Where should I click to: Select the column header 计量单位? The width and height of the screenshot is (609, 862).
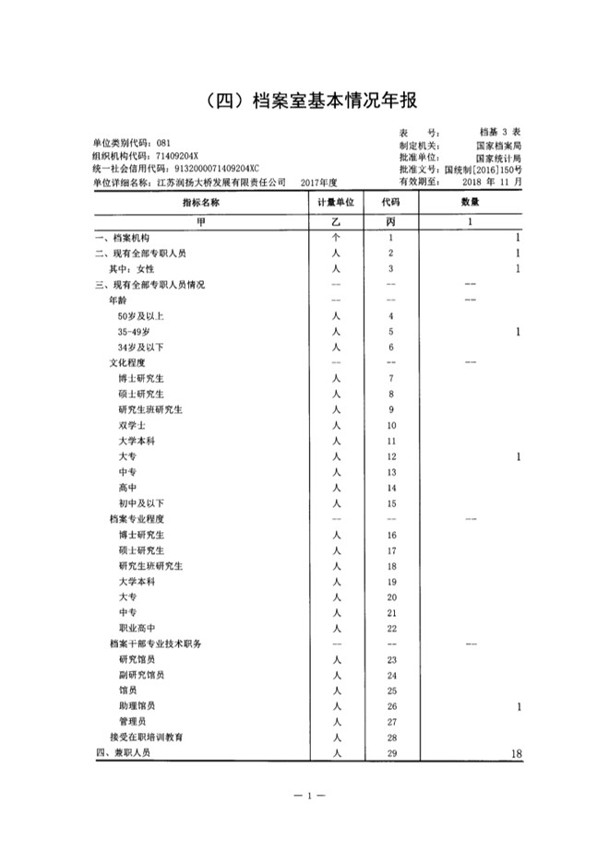pos(337,203)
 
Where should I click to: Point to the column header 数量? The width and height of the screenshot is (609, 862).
pos(470,203)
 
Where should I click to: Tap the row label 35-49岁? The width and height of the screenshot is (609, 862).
pos(135,331)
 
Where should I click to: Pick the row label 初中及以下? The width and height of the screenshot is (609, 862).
pos(141,503)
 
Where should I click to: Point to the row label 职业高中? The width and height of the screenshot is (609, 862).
pos(137,629)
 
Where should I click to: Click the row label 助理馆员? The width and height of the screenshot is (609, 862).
pos(137,706)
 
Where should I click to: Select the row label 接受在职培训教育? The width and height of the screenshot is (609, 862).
pos(147,738)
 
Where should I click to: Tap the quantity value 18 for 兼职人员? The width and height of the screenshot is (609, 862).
pos(516,754)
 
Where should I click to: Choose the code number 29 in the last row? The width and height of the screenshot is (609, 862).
pos(391,753)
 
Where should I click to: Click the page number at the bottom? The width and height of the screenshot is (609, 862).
pos(304,795)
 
